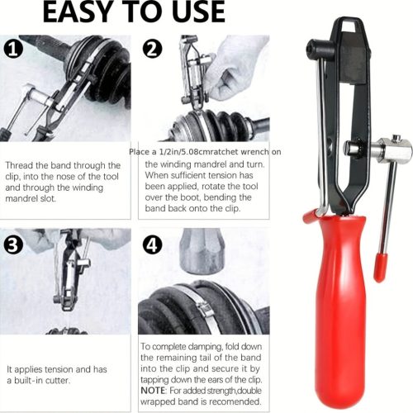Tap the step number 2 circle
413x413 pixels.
point(153,48)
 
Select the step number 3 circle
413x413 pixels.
point(13,244)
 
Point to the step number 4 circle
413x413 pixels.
point(153,244)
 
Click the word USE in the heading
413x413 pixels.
point(197,12)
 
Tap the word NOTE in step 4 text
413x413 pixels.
point(153,391)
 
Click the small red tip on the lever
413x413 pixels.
point(380,268)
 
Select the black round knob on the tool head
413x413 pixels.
point(316,48)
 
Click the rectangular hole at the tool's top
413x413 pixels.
point(351,26)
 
